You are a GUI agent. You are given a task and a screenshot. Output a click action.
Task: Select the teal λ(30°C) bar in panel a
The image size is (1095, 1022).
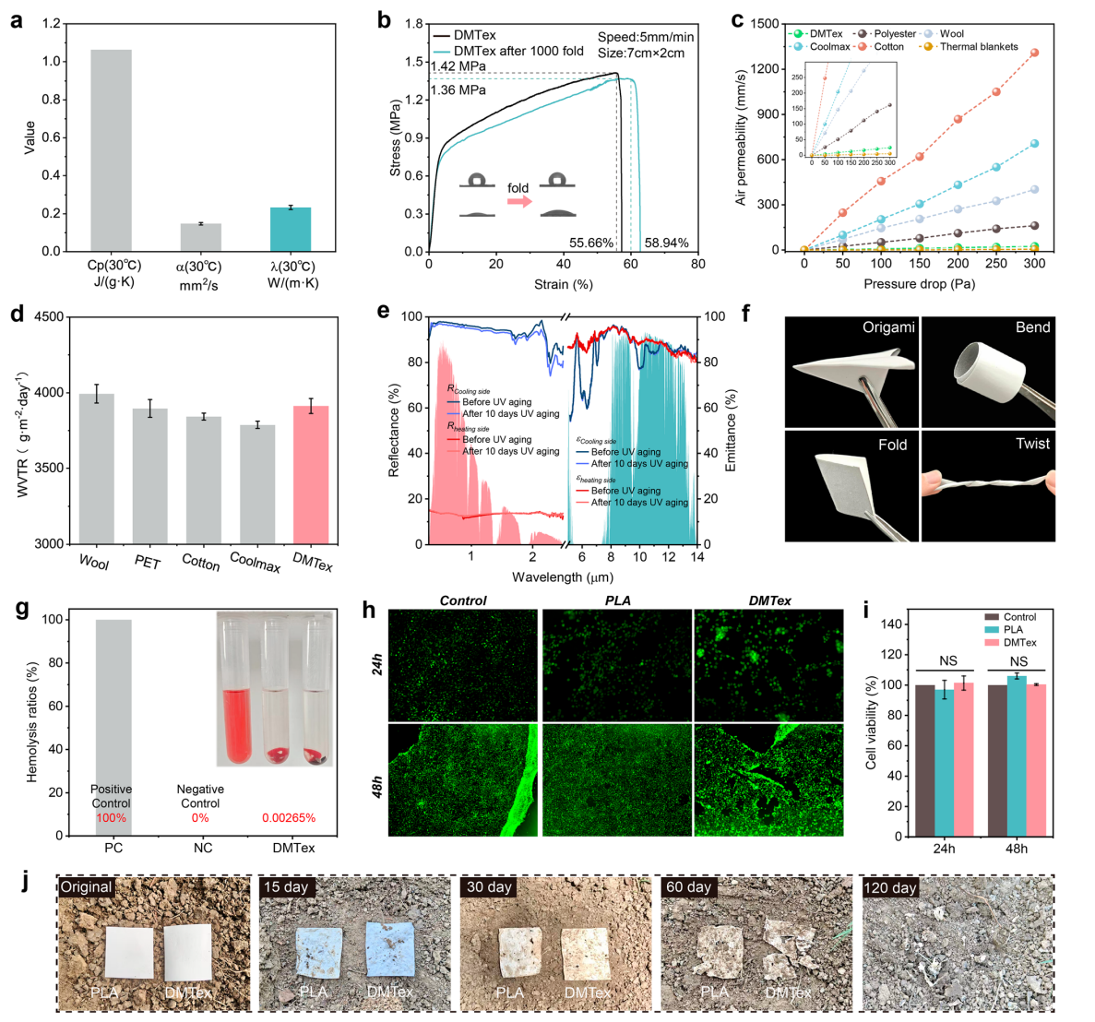[291, 230]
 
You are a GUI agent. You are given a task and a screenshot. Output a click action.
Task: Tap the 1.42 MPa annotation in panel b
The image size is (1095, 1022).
[458, 66]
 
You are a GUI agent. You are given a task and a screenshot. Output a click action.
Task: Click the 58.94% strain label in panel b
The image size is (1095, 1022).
[666, 244]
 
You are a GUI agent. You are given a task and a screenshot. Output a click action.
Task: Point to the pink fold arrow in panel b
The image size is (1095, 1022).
[519, 201]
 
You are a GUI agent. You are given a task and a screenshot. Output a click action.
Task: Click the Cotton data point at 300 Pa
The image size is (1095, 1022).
[1034, 53]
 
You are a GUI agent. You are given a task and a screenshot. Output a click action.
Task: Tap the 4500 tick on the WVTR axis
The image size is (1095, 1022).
[50, 317]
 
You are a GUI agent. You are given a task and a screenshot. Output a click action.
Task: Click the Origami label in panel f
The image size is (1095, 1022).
[888, 328]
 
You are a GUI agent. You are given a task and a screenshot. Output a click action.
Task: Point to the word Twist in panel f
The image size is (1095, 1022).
[1032, 444]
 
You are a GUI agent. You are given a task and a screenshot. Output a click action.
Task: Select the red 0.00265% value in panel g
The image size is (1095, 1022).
[289, 818]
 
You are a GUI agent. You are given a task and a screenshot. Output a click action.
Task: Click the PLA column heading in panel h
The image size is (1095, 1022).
[617, 600]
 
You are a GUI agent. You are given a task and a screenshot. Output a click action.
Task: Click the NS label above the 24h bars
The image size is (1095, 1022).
[948, 661]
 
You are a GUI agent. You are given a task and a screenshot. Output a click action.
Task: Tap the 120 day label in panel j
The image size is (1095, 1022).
[890, 887]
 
